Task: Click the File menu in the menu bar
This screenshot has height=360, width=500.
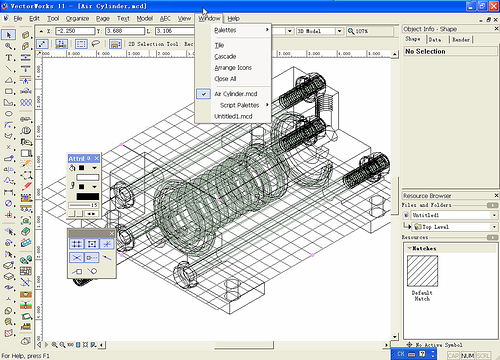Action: (18, 19)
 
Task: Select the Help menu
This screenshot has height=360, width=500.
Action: (233, 19)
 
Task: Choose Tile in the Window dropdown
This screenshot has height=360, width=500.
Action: (219, 46)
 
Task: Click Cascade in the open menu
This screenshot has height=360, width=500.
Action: (225, 57)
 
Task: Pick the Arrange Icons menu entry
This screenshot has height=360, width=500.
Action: (233, 67)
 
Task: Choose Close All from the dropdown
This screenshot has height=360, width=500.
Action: (225, 78)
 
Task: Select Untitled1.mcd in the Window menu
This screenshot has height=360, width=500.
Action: (234, 116)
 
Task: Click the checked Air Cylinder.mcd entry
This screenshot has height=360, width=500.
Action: (236, 93)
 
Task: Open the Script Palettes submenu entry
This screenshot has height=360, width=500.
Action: (240, 104)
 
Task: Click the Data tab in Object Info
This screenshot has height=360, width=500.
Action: (435, 40)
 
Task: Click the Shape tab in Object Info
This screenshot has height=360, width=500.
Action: (412, 40)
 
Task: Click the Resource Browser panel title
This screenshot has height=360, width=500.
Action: (428, 195)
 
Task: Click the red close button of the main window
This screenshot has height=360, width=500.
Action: (489, 6)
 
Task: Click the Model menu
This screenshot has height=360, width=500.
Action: (144, 19)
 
